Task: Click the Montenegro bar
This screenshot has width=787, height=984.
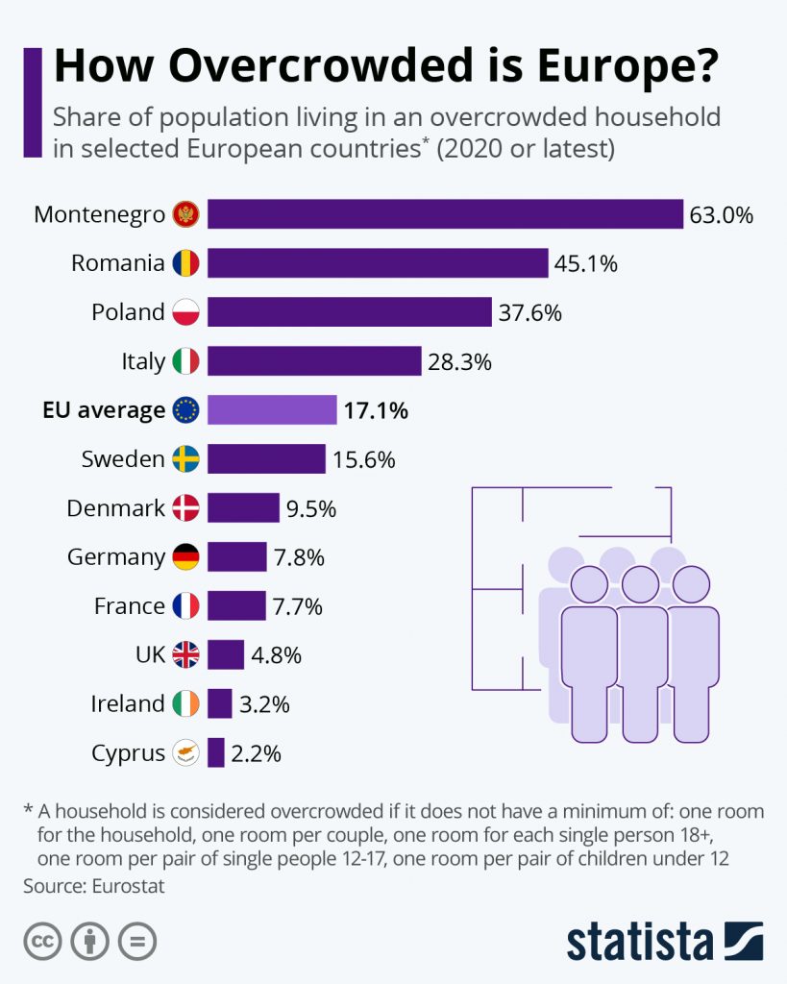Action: [x=445, y=214]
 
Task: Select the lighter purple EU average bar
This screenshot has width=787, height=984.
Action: [x=272, y=410]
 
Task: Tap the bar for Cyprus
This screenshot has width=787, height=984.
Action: [x=216, y=753]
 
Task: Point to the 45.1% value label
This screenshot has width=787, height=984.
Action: [x=584, y=263]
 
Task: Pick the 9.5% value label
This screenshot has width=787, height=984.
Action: [x=310, y=509]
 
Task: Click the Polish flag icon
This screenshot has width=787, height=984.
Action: [x=185, y=312]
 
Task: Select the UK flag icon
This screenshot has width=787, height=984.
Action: [x=185, y=655]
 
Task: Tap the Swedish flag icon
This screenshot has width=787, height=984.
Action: [x=185, y=459]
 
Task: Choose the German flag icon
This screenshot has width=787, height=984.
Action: [x=185, y=557]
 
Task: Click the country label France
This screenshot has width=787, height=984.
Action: [x=129, y=606]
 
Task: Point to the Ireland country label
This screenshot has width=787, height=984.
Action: [x=128, y=704]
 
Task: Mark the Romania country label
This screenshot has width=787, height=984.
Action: [x=118, y=263]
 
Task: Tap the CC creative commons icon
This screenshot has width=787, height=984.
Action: [x=42, y=942]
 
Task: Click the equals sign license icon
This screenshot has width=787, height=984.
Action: [x=137, y=942]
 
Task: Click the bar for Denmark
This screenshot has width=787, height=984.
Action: [x=243, y=508]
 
